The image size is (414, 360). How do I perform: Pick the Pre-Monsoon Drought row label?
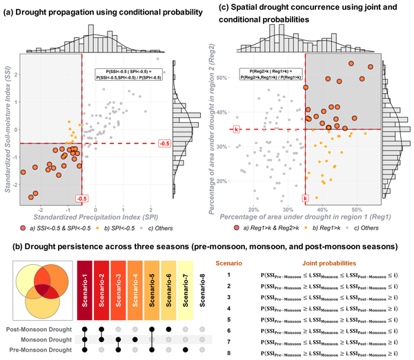[46, 350]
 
